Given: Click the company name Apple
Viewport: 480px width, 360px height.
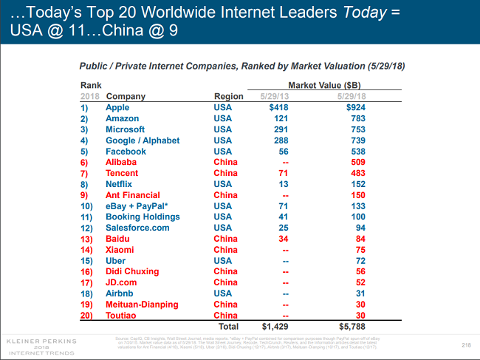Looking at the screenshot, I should click(x=117, y=108).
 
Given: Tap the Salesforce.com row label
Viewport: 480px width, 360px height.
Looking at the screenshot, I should click(x=137, y=228).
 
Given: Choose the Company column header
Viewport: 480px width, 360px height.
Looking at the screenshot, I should click(x=126, y=97).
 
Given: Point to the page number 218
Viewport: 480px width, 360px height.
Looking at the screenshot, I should click(x=466, y=345).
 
